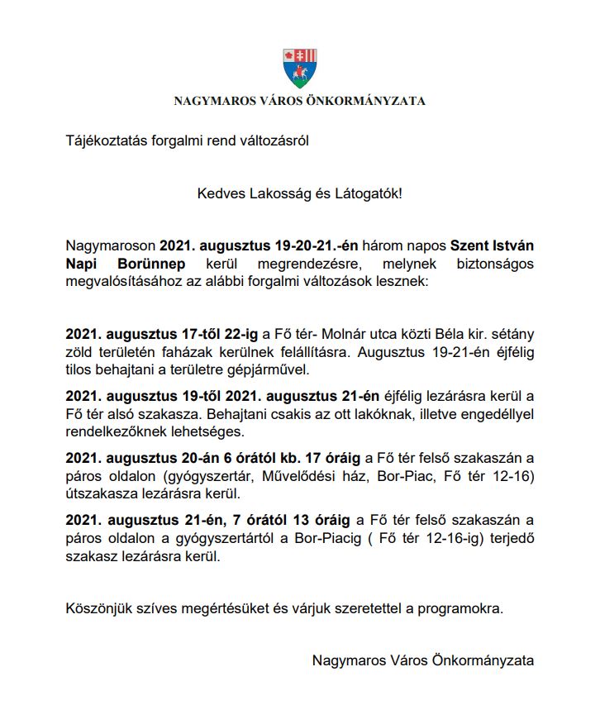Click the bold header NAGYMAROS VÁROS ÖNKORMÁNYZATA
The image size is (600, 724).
tap(299, 102)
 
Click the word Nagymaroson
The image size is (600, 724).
tap(110, 246)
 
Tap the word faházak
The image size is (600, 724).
tap(194, 352)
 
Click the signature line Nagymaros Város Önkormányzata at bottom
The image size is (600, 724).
tap(423, 660)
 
